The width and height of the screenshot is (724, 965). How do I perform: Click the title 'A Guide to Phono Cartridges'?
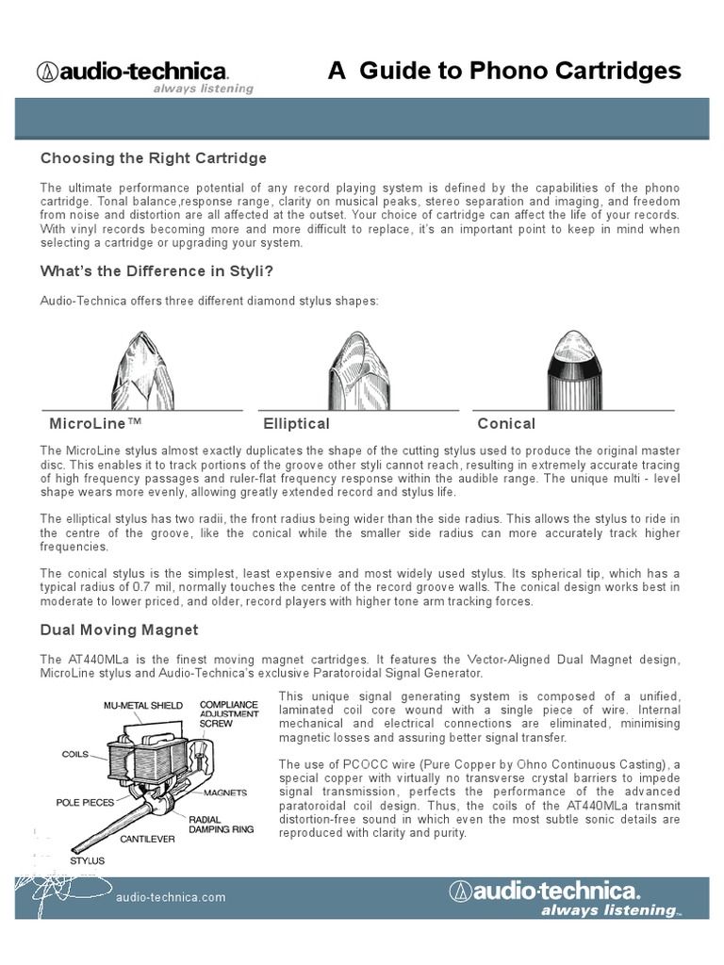(x=503, y=71)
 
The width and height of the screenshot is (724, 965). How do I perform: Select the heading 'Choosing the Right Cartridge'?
(x=153, y=157)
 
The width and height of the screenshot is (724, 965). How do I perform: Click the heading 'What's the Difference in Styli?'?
(x=156, y=271)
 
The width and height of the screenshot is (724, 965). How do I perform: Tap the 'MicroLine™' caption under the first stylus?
(x=95, y=424)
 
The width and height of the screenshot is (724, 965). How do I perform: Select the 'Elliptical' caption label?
(x=296, y=424)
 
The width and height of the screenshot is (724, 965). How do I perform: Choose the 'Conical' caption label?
(x=506, y=424)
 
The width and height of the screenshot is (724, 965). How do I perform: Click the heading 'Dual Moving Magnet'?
(x=119, y=630)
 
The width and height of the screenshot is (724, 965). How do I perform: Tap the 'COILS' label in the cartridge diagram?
(x=75, y=754)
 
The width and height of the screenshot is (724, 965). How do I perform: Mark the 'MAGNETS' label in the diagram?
(x=230, y=793)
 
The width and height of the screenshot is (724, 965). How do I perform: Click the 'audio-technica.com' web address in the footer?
(x=171, y=897)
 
